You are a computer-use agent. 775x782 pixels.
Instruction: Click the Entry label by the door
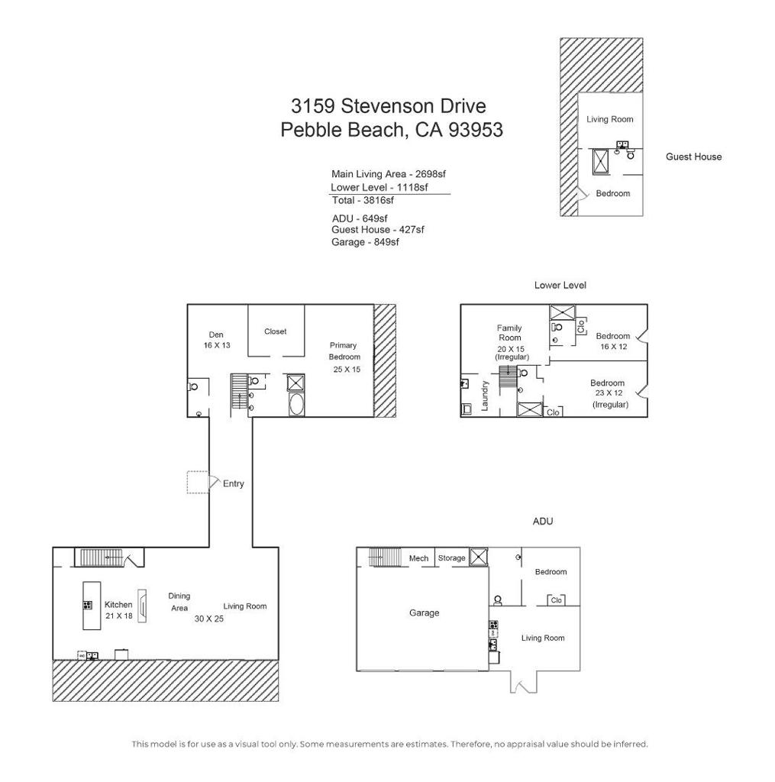233,483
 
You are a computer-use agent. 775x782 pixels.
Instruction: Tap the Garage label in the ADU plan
424,612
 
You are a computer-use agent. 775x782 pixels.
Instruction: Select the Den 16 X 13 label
217,340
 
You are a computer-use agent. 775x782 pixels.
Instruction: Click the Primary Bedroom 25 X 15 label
346,357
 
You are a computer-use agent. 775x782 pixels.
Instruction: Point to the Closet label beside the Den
276,331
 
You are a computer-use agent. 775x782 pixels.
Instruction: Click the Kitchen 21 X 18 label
118,609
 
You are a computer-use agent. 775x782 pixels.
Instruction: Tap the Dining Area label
179,602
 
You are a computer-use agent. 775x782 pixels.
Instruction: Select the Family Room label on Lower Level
509,333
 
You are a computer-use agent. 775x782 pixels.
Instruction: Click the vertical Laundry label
484,396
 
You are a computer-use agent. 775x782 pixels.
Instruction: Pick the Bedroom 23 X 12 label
608,393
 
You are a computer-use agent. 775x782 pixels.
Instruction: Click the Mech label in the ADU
418,558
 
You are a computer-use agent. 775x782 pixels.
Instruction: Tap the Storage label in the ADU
451,558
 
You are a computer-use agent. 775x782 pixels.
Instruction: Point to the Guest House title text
693,157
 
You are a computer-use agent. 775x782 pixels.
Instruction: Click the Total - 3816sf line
363,200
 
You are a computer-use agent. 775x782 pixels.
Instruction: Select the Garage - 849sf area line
366,241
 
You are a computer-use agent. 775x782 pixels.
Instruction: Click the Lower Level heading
560,285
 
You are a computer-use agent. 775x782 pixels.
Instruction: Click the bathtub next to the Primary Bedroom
296,404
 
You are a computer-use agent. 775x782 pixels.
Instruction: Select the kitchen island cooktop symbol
87,606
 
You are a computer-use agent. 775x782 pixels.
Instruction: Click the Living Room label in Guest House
610,119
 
